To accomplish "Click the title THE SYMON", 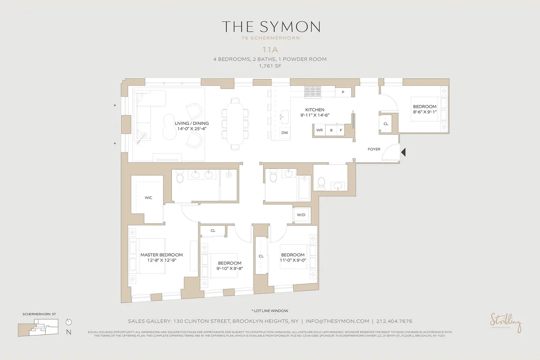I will click(x=270, y=27).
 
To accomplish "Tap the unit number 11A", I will click(x=270, y=50).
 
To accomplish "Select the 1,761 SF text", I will click(x=270, y=66).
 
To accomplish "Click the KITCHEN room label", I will click(x=315, y=110).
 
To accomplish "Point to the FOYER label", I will click(x=374, y=149).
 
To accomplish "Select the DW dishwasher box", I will click(x=284, y=133).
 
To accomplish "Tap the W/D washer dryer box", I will click(x=301, y=215).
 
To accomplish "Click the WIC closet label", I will click(x=148, y=198).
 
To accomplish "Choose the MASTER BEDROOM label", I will click(x=161, y=255).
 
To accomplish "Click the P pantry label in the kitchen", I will click(x=343, y=92).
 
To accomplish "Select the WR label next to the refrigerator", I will click(x=320, y=130).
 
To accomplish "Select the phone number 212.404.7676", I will click(x=395, y=321).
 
